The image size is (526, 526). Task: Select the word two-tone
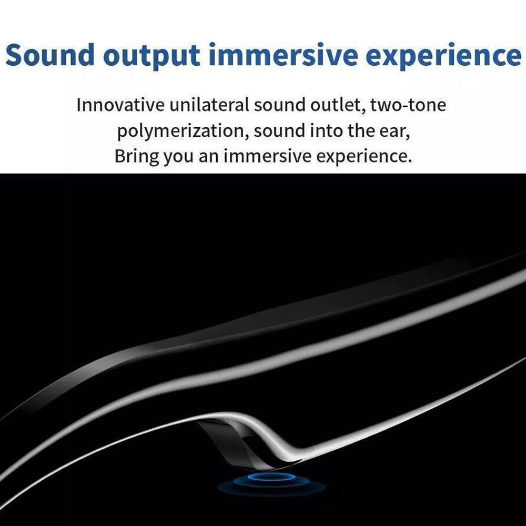[408, 105]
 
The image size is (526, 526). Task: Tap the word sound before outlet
[279, 105]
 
